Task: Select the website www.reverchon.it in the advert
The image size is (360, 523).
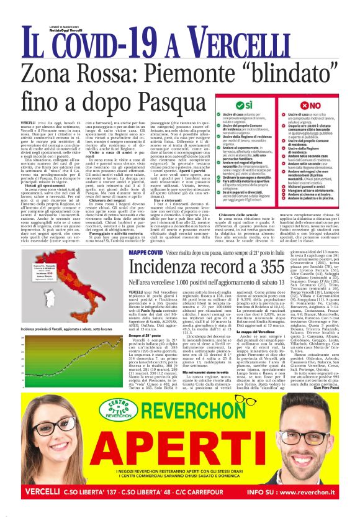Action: point(316,494)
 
